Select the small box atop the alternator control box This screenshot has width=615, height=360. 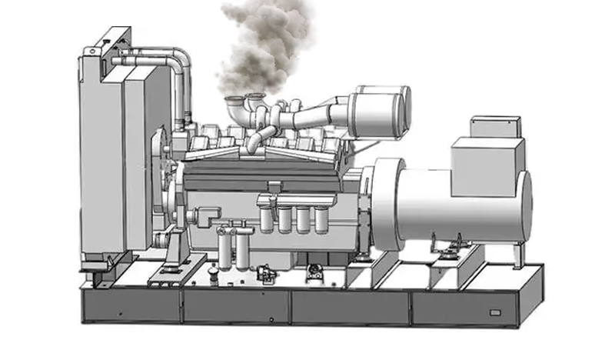tap(495, 126)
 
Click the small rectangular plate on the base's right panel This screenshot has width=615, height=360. tap(494, 314)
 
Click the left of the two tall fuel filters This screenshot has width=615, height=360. tap(224, 250)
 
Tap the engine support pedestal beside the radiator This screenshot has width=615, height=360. tap(172, 254)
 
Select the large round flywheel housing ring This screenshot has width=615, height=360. tap(387, 204)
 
